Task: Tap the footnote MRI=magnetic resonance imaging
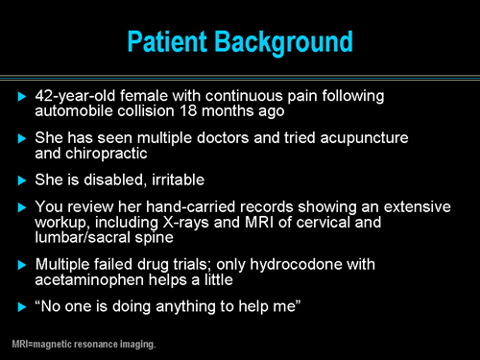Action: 84,344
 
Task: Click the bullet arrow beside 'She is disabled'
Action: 22,180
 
